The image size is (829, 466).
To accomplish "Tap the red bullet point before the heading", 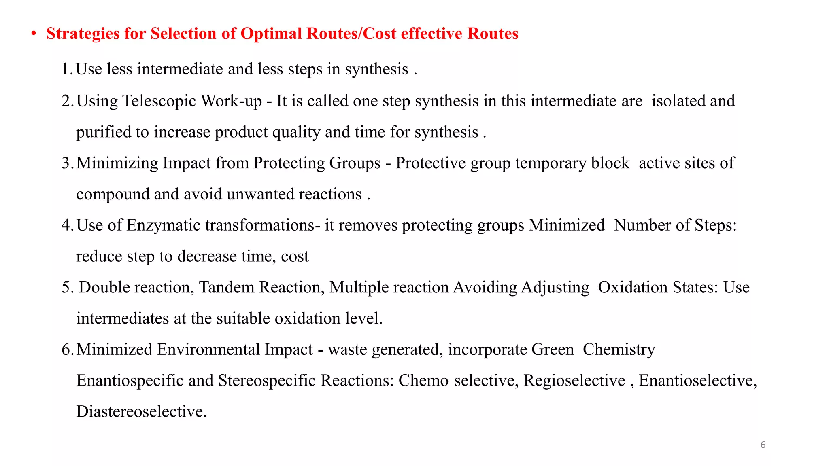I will pos(34,34).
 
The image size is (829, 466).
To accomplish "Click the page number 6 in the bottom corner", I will pos(763,445).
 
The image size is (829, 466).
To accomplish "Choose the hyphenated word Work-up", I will pos(232,101).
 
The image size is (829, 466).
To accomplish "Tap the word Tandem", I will pos(227,287).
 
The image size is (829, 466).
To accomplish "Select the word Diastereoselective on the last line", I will pos(141,412).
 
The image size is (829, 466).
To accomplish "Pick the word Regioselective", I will pos(574,381).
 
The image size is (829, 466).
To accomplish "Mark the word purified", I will pos(103,132).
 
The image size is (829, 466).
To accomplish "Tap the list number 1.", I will pos(66,69).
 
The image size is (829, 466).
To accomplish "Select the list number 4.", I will pos(67,225).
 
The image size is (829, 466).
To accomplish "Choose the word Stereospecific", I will pos(267,381).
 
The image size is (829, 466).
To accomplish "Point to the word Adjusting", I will pos(555,288).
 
